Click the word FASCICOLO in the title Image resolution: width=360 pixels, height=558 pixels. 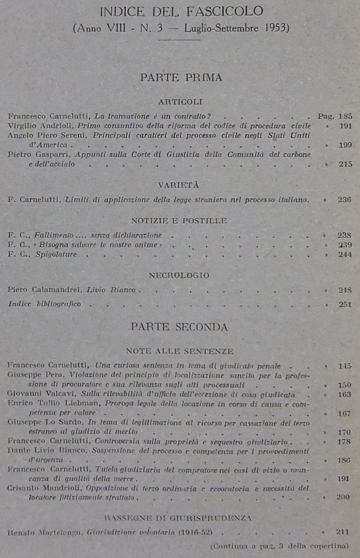pyautogui.click(x=225, y=12)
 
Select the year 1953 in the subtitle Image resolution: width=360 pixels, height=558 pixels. pyautogui.click(x=277, y=28)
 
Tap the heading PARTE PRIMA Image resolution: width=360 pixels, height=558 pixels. pyautogui.click(x=181, y=78)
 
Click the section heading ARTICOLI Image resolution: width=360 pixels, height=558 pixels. pyautogui.click(x=180, y=102)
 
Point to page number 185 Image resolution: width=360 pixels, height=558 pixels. pyautogui.click(x=345, y=116)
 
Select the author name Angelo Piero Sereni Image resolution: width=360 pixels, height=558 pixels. pyautogui.click(x=48, y=135)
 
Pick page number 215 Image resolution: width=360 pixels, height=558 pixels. pyautogui.click(x=345, y=164)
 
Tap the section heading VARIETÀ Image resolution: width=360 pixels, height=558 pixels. pyautogui.click(x=179, y=185)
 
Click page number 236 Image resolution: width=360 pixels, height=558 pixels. pyautogui.click(x=344, y=200)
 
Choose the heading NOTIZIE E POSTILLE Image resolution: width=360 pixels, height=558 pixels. pyautogui.click(x=179, y=221)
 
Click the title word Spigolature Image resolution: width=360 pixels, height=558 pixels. pyautogui.click(x=56, y=254)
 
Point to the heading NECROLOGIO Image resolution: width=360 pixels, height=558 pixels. pyautogui.click(x=179, y=276)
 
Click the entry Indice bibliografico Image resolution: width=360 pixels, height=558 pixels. pyautogui.click(x=44, y=304)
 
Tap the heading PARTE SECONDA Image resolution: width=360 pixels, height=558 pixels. pyautogui.click(x=179, y=327)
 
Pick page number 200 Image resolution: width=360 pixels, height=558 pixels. pyautogui.click(x=343, y=497)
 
